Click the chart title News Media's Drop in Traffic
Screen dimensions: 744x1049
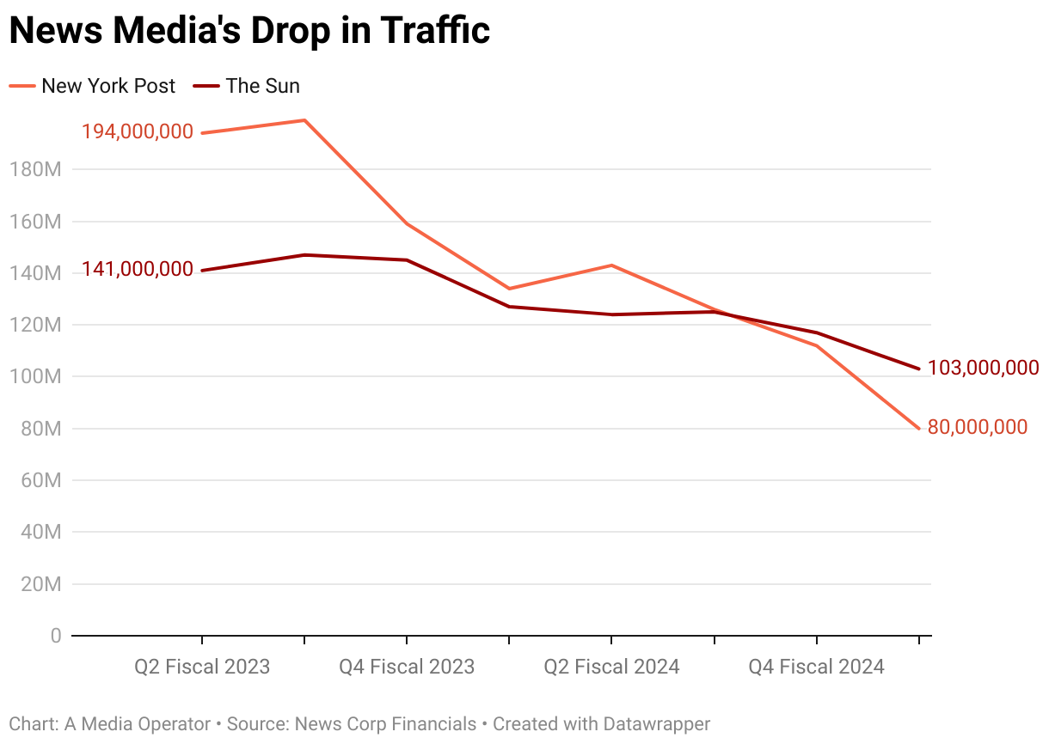pyautogui.click(x=249, y=31)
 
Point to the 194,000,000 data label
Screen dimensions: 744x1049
pyautogui.click(x=138, y=132)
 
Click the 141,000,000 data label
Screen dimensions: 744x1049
pyautogui.click(x=138, y=270)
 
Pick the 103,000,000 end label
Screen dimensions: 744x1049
pyautogui.click(x=983, y=369)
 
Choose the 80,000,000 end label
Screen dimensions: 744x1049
pyautogui.click(x=977, y=427)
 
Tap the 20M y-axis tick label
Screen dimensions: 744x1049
pyautogui.click(x=38, y=584)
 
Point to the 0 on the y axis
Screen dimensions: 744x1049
pyautogui.click(x=56, y=636)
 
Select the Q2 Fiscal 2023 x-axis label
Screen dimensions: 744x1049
pyautogui.click(x=202, y=667)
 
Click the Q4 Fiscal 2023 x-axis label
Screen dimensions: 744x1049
pyautogui.click(x=407, y=667)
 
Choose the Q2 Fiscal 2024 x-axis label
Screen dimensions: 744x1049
pyautogui.click(x=611, y=667)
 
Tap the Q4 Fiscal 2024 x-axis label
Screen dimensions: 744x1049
pyautogui.click(x=816, y=667)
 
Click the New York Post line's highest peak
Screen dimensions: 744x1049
pyautogui.click(x=304, y=120)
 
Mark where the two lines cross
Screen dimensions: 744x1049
pyautogui.click(x=719, y=312)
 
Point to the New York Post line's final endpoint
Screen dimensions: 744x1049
pyautogui.click(x=919, y=429)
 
